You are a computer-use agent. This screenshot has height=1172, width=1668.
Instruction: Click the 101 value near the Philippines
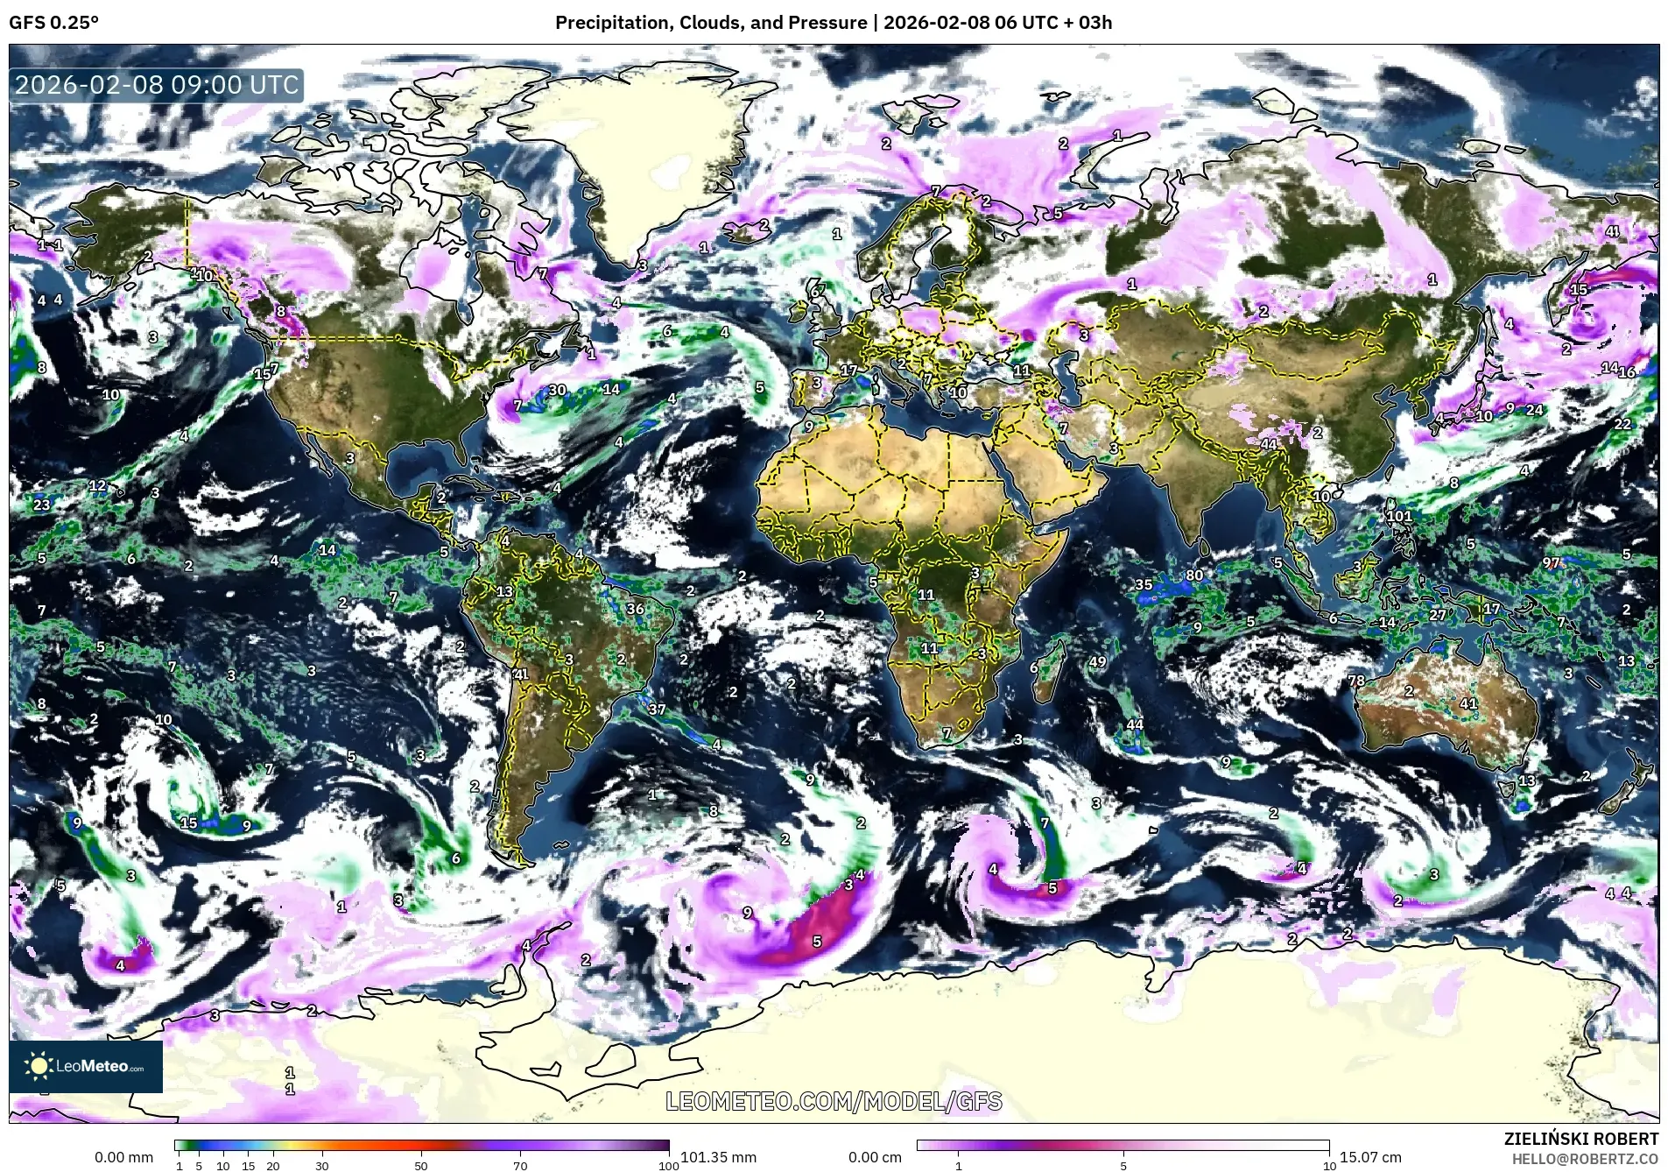click(1399, 516)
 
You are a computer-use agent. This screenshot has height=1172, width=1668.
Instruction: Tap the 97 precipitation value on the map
click(1551, 562)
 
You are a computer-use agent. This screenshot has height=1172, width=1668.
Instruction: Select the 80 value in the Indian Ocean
click(1194, 575)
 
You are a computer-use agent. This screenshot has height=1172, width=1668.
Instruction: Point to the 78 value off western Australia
click(1356, 681)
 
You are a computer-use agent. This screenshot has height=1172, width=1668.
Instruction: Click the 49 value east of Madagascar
click(1097, 661)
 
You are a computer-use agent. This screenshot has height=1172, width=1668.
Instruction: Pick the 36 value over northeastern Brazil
click(635, 609)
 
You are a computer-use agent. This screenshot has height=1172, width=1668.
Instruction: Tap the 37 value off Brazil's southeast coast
click(657, 710)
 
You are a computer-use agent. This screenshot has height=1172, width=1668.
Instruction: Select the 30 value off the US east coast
click(557, 390)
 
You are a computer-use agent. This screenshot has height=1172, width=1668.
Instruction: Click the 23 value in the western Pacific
click(41, 505)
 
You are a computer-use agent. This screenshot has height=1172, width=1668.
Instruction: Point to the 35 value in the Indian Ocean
click(1144, 584)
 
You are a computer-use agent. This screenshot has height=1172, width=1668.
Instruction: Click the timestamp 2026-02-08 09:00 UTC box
click(158, 85)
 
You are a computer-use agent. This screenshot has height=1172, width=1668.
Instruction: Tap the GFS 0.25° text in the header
click(53, 23)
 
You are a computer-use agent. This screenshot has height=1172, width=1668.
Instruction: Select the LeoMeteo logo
click(86, 1066)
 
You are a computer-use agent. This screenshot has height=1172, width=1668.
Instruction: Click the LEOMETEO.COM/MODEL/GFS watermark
click(834, 1101)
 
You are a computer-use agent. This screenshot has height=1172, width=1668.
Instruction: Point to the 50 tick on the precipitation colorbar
click(421, 1166)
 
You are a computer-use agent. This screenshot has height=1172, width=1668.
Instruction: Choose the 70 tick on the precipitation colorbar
click(520, 1166)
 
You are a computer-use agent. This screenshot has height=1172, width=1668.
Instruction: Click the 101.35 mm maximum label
click(718, 1157)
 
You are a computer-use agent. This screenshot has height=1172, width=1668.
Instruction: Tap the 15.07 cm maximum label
click(1370, 1157)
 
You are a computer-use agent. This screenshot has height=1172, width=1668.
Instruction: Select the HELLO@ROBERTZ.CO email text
click(1585, 1158)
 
